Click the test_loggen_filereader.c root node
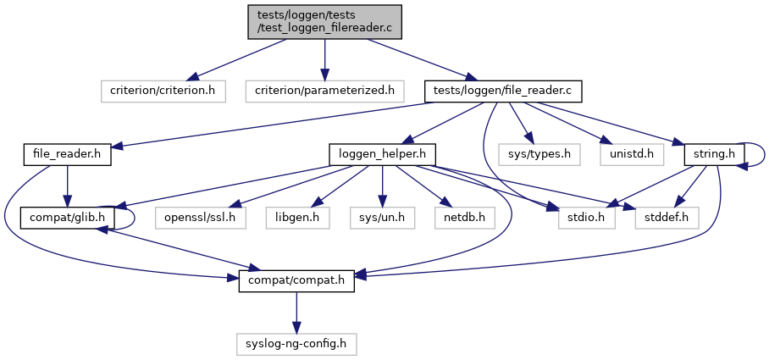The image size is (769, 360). pos(324,21)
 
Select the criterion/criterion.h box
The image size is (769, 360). pos(162,90)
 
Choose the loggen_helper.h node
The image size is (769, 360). pos(382,154)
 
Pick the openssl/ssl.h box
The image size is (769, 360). pos(201,218)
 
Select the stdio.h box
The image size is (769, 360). pos(585,218)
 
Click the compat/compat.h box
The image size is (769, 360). pos(296,280)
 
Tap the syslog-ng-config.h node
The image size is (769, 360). pos(296,344)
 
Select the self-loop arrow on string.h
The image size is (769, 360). pos(763,153)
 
